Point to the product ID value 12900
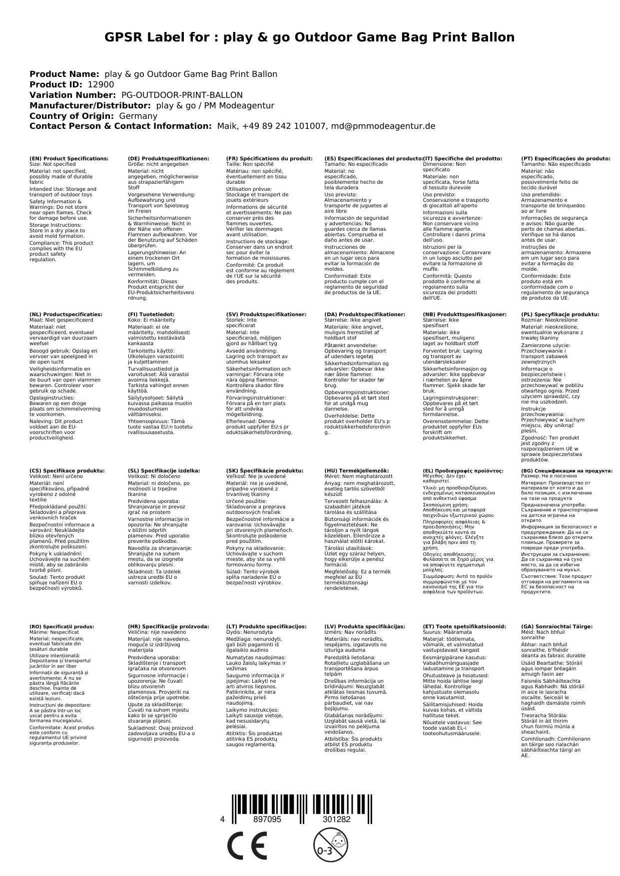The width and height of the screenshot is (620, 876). [100, 84]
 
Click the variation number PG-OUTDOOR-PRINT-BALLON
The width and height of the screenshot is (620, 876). [182, 95]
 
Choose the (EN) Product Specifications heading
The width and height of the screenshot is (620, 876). [68, 158]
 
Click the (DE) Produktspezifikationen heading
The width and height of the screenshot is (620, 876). [168, 158]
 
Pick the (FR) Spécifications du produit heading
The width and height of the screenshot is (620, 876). [269, 158]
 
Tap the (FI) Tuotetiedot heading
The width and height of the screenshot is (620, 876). [151, 315]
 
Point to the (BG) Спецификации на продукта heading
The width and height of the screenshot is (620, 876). [566, 470]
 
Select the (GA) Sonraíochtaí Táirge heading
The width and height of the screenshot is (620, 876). [557, 626]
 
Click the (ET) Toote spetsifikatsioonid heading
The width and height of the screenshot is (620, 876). [464, 626]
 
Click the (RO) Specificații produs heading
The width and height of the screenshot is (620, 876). [61, 626]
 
